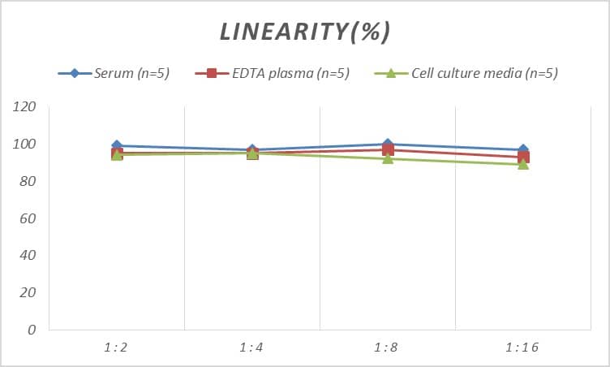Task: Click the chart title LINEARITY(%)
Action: pyautogui.click(x=305, y=32)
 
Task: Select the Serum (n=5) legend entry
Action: pyautogui.click(x=114, y=73)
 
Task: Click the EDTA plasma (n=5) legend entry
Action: pyautogui.click(x=273, y=73)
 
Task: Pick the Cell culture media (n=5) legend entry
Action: pyautogui.click(x=466, y=73)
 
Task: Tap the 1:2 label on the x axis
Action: pyautogui.click(x=116, y=348)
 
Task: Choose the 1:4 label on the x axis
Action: pyautogui.click(x=251, y=348)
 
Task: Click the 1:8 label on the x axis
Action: pyautogui.click(x=387, y=348)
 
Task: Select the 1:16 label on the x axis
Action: pyautogui.click(x=522, y=348)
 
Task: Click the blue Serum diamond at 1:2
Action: pyautogui.click(x=117, y=146)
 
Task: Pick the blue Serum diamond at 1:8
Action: pyautogui.click(x=388, y=145)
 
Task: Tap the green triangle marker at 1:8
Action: pyautogui.click(x=388, y=158)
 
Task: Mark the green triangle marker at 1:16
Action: pyautogui.click(x=523, y=164)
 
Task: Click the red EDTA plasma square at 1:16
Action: pyautogui.click(x=523, y=158)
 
